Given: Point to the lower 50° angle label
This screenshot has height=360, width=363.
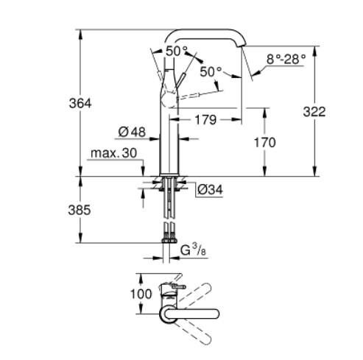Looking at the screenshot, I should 211,71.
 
